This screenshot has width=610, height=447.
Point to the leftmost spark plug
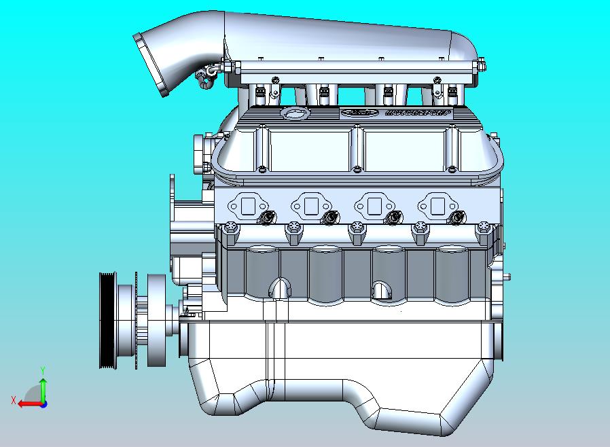click(267, 218)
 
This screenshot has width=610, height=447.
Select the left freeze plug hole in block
click(279, 289)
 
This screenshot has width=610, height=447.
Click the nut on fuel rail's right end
click(482, 66)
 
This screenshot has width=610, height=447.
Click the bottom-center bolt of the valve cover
click(355, 168)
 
